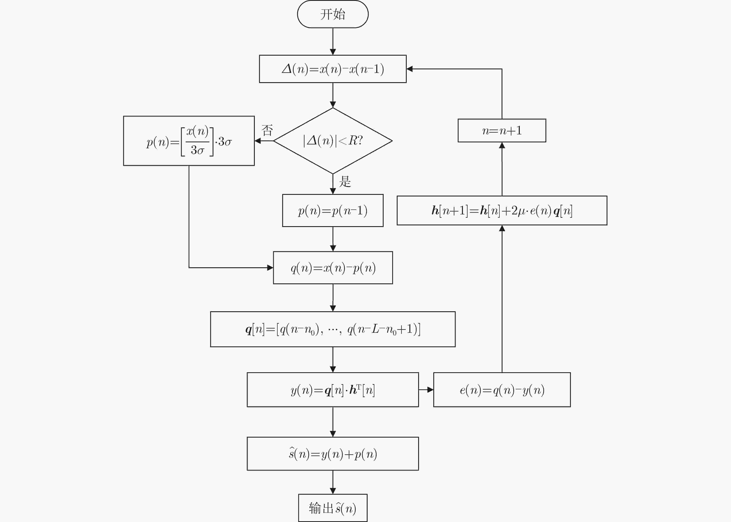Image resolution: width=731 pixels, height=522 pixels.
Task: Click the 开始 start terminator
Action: click(x=333, y=14)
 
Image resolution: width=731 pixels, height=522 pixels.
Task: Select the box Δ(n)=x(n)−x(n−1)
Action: click(x=333, y=69)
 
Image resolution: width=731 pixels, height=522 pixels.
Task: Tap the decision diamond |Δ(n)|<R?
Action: click(x=333, y=141)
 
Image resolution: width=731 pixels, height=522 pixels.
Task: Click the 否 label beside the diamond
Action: click(x=267, y=130)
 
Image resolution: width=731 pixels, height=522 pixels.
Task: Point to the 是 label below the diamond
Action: click(x=345, y=182)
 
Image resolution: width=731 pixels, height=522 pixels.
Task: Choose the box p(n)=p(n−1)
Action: click(x=333, y=211)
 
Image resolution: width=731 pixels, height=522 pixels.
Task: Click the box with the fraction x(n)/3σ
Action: click(x=189, y=141)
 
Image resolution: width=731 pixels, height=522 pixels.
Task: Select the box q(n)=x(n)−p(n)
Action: click(x=333, y=268)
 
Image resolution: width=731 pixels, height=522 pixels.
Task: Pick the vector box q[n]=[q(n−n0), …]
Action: click(x=333, y=329)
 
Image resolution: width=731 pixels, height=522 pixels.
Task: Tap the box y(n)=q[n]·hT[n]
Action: click(x=333, y=390)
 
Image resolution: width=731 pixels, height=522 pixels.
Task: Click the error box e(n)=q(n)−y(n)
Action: click(x=502, y=390)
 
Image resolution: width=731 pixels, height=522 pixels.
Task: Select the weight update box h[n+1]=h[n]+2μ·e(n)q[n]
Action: click(x=502, y=211)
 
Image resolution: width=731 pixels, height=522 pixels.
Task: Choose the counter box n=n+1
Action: click(x=502, y=130)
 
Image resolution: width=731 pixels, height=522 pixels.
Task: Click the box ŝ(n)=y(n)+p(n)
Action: click(x=333, y=454)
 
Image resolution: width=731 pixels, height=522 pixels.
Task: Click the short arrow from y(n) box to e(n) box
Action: click(x=426, y=390)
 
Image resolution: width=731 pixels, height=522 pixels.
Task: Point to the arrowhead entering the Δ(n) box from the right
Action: click(x=410, y=69)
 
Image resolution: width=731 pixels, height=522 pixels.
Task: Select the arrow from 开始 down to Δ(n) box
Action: click(x=333, y=41)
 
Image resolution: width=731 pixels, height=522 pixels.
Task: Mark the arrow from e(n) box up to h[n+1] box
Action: click(x=502, y=299)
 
